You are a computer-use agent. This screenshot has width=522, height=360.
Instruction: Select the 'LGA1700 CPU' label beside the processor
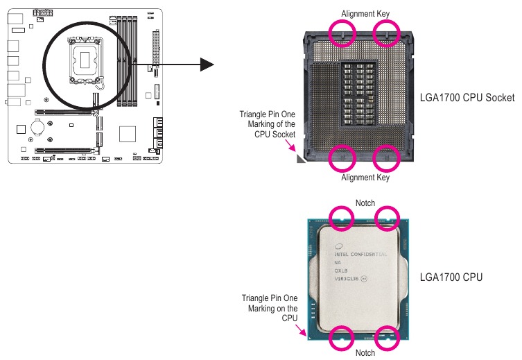[x=451, y=277]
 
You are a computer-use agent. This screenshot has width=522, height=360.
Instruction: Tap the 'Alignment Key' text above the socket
[x=365, y=13]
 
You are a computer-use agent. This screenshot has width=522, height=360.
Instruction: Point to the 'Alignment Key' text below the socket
[x=365, y=178]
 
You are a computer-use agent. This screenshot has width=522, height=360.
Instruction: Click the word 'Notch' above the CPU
[x=365, y=203]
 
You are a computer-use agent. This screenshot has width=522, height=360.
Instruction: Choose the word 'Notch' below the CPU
[x=365, y=353]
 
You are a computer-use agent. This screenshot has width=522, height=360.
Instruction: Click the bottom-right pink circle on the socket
[x=388, y=157]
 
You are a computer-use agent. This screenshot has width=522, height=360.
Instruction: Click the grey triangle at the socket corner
[x=301, y=159]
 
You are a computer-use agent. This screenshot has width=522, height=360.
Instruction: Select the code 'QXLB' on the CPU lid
[x=340, y=271]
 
